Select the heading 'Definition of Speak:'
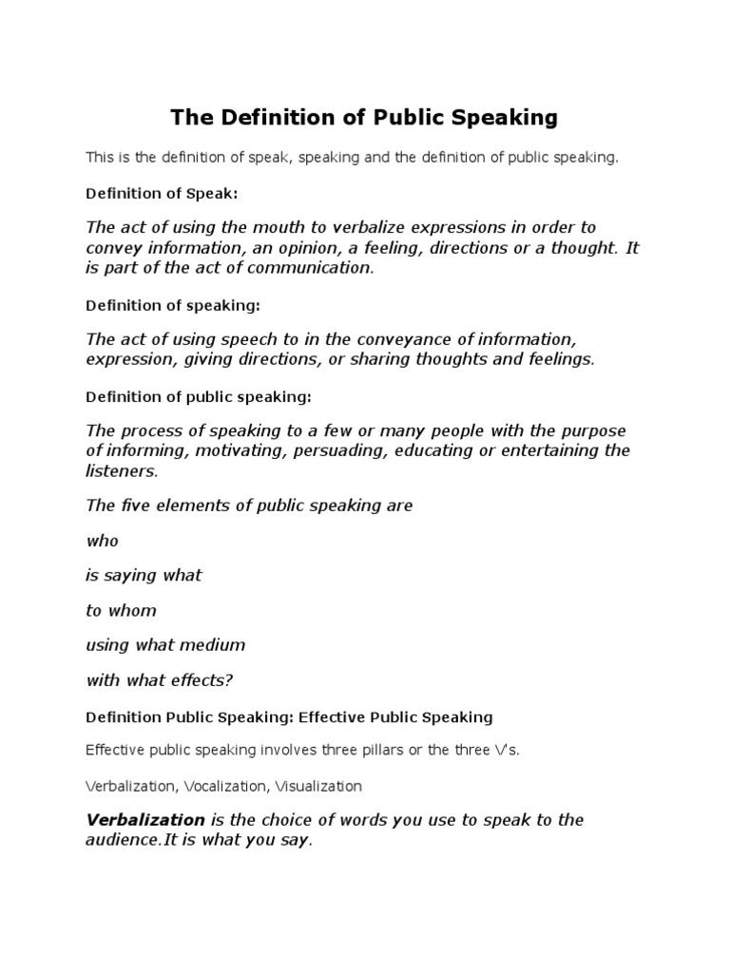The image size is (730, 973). [162, 193]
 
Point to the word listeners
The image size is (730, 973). [122, 470]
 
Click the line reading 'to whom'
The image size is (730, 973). [121, 610]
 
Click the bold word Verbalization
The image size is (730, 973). [145, 820]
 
